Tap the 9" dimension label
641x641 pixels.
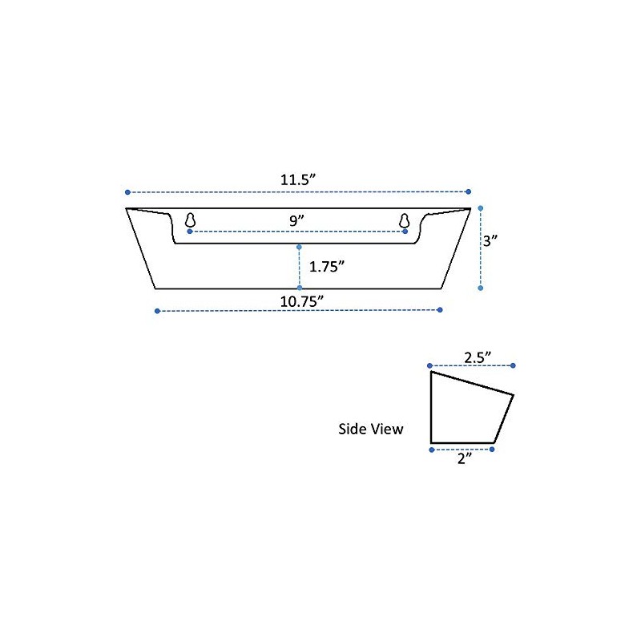click(x=298, y=219)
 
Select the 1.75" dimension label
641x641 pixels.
click(x=327, y=266)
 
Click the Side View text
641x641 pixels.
click(x=371, y=429)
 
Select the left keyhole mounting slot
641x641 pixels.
click(x=191, y=220)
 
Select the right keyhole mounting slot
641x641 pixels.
click(x=405, y=220)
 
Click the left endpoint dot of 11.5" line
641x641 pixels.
click(x=127, y=192)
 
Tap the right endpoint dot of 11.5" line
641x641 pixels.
click(x=469, y=191)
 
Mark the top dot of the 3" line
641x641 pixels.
click(x=480, y=208)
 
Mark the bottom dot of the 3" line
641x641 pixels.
click(x=480, y=287)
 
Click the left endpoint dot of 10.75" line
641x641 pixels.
click(x=157, y=311)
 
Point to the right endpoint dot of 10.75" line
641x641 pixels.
click(x=441, y=310)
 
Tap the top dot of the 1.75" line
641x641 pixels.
click(x=299, y=247)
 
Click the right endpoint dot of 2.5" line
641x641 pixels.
click(x=513, y=365)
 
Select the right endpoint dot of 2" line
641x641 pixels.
click(x=492, y=450)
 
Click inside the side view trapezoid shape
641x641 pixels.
click(x=465, y=413)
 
